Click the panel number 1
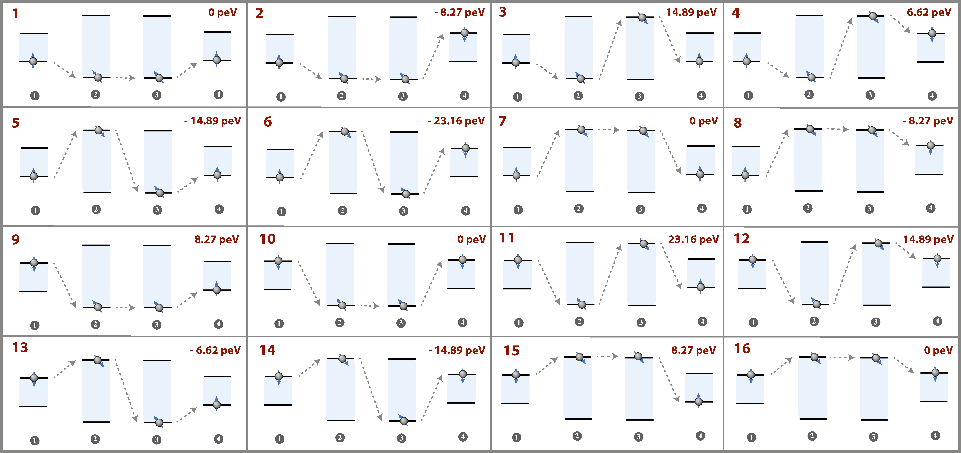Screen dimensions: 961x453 click(15, 14)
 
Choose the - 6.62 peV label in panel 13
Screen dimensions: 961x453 click(215, 350)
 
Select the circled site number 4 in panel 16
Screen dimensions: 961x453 click(935, 435)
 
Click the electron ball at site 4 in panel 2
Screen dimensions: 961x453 click(464, 33)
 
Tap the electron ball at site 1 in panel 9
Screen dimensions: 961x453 click(34, 263)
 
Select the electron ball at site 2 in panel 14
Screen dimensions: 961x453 click(342, 358)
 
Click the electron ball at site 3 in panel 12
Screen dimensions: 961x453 click(879, 243)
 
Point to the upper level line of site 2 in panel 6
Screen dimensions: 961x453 click(342, 131)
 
